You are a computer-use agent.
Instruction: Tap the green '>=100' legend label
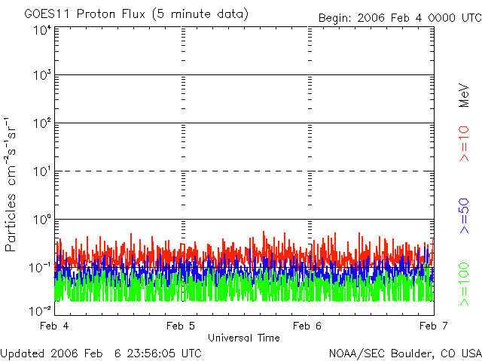coord(464,284)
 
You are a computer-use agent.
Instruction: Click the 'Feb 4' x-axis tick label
coord(56,326)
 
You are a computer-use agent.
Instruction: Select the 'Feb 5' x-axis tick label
coord(181,326)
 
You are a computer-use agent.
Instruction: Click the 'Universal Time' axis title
coord(244,338)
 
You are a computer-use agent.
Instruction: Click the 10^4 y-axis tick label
coord(42,30)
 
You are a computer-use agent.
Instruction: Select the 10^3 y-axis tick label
coord(42,76)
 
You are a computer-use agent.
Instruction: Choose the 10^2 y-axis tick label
coord(42,123)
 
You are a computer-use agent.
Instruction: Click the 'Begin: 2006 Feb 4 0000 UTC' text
coord(399,17)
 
